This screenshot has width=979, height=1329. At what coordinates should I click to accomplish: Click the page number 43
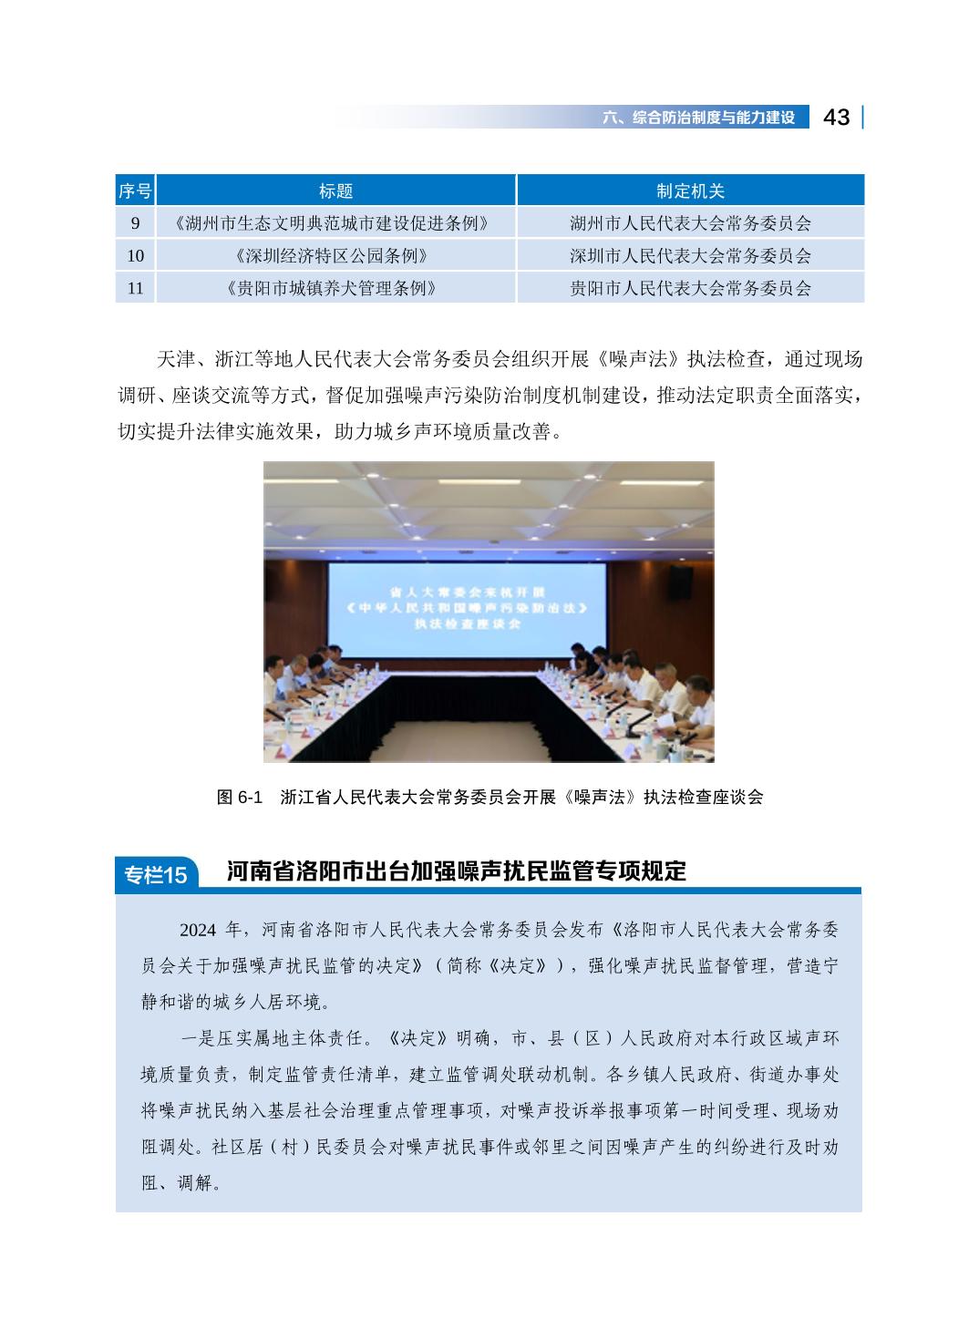[836, 118]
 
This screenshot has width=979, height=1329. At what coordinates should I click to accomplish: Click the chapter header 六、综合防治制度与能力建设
[699, 118]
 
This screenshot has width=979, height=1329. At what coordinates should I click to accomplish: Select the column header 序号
[136, 191]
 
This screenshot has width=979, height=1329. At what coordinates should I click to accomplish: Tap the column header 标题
[335, 191]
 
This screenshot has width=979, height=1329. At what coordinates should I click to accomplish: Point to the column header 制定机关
[690, 191]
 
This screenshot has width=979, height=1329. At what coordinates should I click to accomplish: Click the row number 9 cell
[136, 223]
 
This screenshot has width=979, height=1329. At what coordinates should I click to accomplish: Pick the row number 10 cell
[136, 256]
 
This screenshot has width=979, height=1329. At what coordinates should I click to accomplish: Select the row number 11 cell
[136, 289]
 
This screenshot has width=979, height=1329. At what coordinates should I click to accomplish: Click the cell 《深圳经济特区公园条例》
[335, 256]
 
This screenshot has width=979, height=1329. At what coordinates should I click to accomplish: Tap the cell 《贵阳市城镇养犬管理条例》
[335, 289]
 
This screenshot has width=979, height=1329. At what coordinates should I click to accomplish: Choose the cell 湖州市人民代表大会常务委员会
[690, 223]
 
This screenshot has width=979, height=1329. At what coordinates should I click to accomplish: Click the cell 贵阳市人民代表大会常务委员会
[690, 289]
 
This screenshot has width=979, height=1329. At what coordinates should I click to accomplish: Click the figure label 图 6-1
[240, 798]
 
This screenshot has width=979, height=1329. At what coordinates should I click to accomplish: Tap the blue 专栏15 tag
[155, 875]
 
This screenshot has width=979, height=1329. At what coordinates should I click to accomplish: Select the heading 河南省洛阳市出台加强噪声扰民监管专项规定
[456, 871]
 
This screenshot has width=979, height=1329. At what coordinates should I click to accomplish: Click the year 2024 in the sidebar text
[198, 931]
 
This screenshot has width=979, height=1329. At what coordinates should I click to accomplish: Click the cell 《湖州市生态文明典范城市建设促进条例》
[335, 223]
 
